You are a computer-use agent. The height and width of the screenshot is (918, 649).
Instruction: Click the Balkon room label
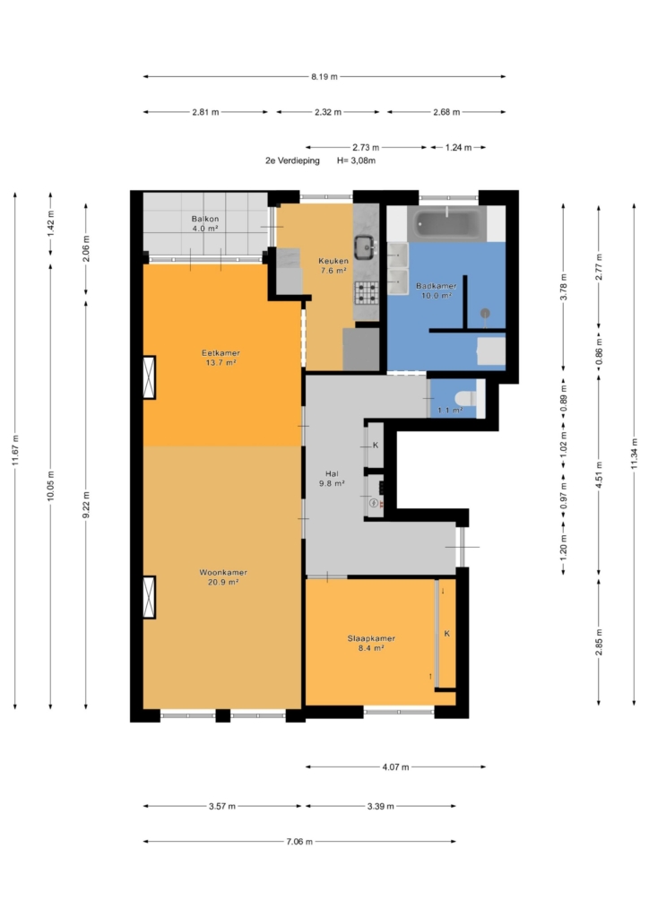pos(204,219)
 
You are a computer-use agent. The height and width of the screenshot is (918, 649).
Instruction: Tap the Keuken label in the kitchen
pos(333,261)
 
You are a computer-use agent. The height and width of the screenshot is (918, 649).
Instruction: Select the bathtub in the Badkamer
pos(447,223)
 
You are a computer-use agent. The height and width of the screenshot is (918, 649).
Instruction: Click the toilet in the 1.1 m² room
pos(465,398)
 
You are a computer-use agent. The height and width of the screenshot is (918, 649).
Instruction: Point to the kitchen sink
pos(365,247)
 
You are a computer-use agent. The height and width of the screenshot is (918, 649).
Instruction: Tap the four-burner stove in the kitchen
pos(367,293)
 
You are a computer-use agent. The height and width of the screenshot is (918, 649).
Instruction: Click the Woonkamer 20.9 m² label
pos(223,577)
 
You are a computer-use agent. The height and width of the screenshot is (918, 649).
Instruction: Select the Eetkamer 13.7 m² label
pos(221,358)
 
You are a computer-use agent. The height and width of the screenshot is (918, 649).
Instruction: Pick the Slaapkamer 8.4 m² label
pos(371,643)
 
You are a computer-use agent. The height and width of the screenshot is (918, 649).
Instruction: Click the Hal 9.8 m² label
pos(332,479)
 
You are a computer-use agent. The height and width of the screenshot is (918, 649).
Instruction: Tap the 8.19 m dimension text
pos(324,76)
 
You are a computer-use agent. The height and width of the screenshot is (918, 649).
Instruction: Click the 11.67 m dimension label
pos(15,450)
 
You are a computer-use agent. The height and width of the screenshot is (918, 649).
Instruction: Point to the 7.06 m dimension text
pos(299,841)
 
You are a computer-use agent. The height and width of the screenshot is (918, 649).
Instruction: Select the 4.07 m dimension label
pos(395,766)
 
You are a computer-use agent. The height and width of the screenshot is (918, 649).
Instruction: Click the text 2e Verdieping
pos(292,160)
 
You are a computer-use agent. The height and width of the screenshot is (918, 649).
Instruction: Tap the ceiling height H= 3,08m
pos(357,160)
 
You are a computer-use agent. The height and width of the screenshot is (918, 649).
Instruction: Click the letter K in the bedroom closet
pos(447,634)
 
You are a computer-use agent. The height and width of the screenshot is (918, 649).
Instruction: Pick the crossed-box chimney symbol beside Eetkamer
pos(149,377)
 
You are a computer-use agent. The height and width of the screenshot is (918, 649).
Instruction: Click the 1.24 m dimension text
pos(458,148)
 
